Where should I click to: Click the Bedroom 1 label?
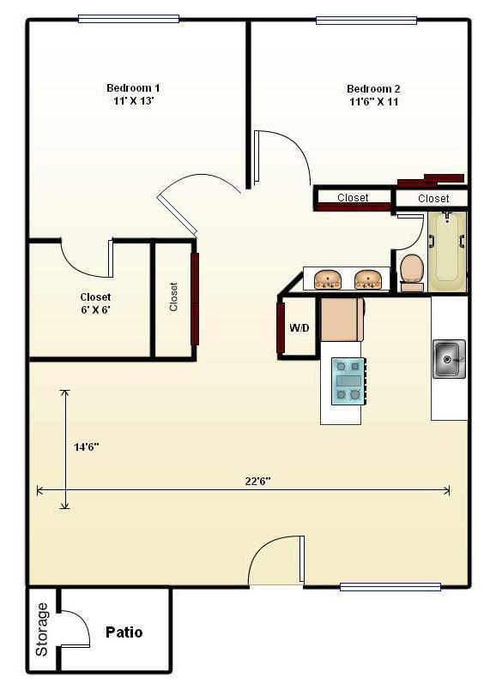(x=133, y=87)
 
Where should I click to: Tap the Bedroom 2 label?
(x=373, y=88)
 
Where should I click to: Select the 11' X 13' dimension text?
(x=133, y=101)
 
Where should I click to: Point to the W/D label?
(x=299, y=328)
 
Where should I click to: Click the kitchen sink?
(x=449, y=358)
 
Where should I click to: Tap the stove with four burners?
(x=348, y=380)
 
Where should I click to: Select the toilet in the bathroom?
(x=412, y=271)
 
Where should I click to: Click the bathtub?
(x=447, y=248)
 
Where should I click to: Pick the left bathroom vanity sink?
(x=328, y=279)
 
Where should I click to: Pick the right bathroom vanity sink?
(x=368, y=279)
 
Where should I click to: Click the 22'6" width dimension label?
(x=257, y=481)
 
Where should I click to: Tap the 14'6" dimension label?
(x=86, y=446)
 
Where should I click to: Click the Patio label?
(x=124, y=632)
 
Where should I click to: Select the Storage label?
(x=42, y=630)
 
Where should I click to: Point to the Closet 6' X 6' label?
(x=95, y=303)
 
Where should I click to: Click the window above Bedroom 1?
(x=129, y=19)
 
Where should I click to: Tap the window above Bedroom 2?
(x=366, y=20)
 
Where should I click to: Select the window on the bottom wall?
(x=390, y=587)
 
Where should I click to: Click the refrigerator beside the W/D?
(x=342, y=318)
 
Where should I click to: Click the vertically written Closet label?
(x=173, y=297)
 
